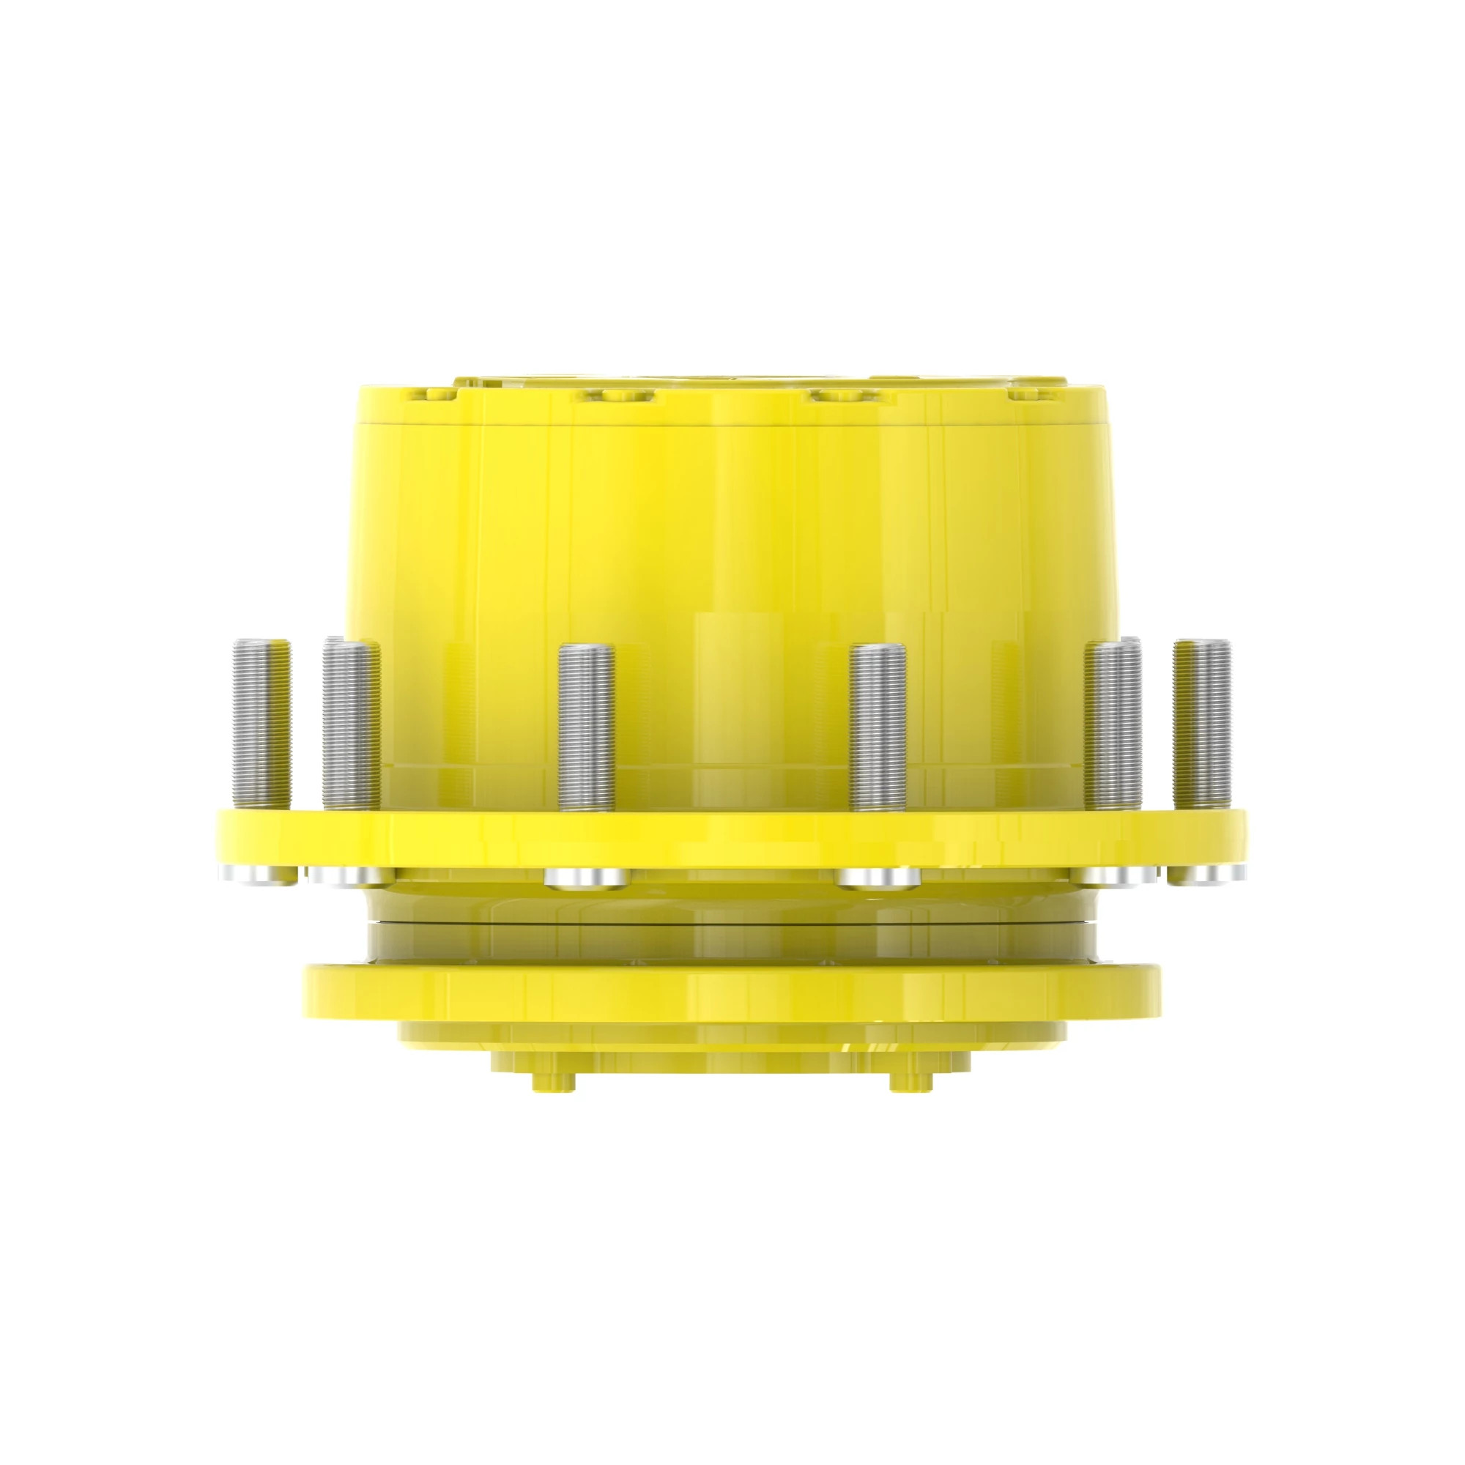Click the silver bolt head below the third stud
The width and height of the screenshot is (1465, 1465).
tap(585, 879)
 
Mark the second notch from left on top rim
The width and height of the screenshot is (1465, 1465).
tap(612, 396)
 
